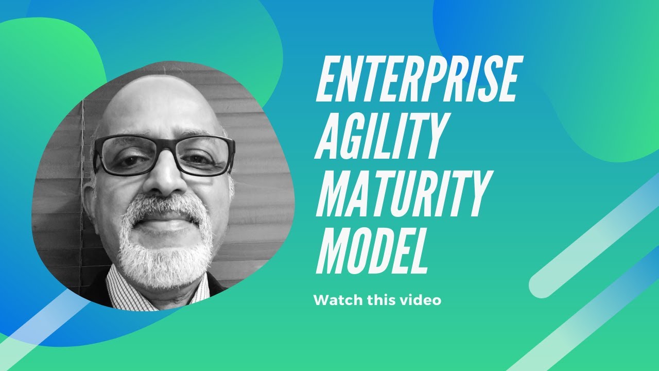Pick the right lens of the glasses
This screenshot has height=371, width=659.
coord(205,155)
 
